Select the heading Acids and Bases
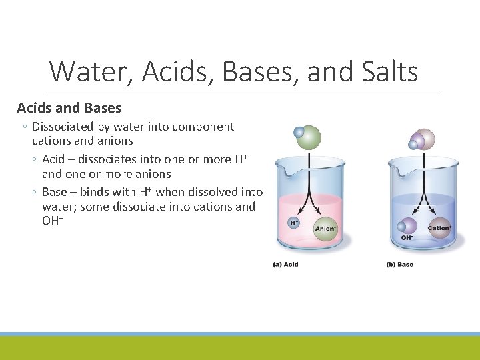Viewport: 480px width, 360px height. (69, 108)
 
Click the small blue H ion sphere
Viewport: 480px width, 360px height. (293, 221)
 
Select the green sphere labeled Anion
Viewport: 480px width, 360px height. (325, 228)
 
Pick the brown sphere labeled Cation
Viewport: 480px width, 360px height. (439, 227)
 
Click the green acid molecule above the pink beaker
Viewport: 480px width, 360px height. (307, 137)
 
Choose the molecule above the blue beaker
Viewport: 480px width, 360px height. (421, 140)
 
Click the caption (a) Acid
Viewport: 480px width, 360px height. (285, 265)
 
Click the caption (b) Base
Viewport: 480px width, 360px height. (400, 265)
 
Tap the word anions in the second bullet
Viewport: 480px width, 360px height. (151, 174)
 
